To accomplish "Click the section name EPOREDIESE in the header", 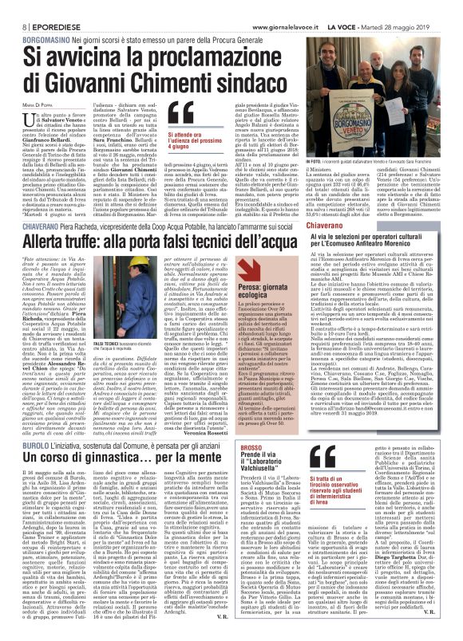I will coord(47,7).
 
